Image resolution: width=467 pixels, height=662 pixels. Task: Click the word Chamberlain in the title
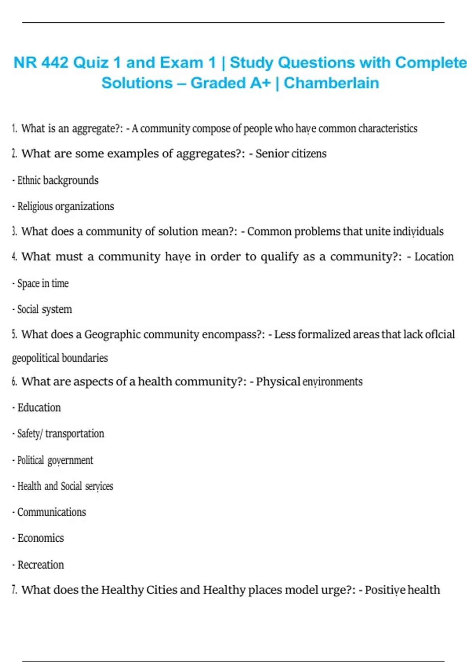point(331,83)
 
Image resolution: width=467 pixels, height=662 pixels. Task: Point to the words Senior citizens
point(291,154)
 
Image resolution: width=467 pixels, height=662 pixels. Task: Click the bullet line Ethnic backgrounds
point(58,180)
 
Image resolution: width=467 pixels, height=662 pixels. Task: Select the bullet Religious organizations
point(65,206)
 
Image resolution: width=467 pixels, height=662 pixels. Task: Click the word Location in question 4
point(434,257)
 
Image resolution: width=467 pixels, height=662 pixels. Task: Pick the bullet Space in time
point(43,283)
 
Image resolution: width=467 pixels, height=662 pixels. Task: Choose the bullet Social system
point(44,309)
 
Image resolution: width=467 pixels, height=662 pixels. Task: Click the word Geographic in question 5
point(112,335)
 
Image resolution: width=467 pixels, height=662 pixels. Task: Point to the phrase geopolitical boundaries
point(60,358)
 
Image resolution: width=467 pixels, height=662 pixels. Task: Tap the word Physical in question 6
point(278,382)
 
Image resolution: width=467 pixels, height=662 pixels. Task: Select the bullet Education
point(39,408)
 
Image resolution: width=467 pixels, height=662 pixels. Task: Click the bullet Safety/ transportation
point(60,433)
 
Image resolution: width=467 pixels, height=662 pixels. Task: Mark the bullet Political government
point(55,460)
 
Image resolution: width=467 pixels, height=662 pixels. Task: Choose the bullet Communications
point(51,512)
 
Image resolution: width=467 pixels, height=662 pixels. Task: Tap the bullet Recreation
point(40,565)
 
